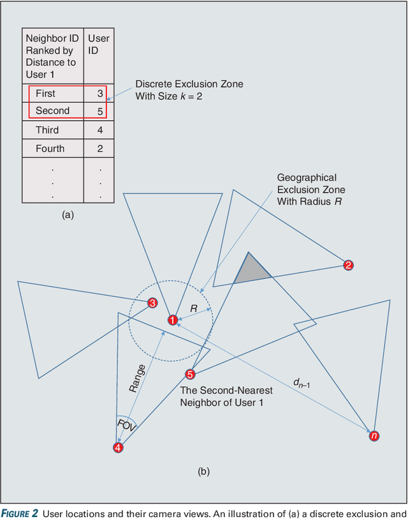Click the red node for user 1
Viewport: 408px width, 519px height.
[x=172, y=320]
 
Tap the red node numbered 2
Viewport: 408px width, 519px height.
[x=348, y=265]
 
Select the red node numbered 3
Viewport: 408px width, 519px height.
[x=152, y=303]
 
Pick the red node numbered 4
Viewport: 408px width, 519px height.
[x=118, y=448]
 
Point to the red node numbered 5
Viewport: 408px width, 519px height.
[x=189, y=374]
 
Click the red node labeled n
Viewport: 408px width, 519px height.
[x=374, y=436]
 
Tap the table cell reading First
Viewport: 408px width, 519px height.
[x=45, y=93]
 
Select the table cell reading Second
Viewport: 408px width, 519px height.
[x=52, y=111]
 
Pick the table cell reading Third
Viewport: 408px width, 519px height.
[x=47, y=130]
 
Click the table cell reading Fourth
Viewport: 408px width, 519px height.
[x=50, y=149]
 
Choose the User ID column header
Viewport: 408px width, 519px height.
[x=99, y=44]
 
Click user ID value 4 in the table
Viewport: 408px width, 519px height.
[x=99, y=130]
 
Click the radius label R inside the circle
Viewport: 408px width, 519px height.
[x=194, y=308]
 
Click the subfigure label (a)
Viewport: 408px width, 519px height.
[x=68, y=215]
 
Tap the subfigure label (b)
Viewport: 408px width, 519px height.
[x=203, y=472]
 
